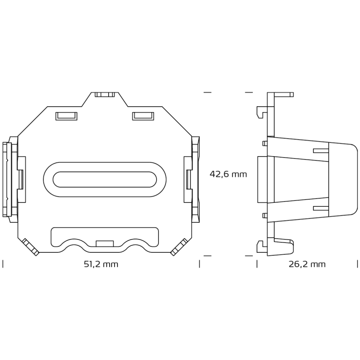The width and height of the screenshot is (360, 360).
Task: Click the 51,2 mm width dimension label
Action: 101,264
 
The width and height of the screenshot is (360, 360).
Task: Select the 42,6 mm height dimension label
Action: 228,174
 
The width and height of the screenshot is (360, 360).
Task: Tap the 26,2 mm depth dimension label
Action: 307,264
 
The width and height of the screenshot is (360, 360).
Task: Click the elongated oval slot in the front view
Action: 104,179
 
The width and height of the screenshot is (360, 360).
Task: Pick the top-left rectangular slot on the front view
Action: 66,116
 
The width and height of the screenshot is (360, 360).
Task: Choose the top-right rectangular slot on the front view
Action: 143,116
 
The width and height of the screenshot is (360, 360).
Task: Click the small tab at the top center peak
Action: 105,95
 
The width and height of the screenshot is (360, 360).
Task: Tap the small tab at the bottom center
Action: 105,243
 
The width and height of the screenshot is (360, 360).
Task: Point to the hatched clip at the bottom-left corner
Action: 30,247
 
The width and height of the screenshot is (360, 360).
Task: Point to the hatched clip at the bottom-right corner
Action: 179,247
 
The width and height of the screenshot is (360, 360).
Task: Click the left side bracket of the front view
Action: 11,179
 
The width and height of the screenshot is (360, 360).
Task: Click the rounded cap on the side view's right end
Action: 343,179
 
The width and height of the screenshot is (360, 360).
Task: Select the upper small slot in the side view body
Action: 320,150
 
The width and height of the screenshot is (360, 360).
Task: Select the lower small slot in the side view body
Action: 320,208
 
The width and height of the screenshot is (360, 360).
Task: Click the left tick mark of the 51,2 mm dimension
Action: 3,264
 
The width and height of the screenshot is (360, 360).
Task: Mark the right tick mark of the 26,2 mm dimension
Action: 357,264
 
